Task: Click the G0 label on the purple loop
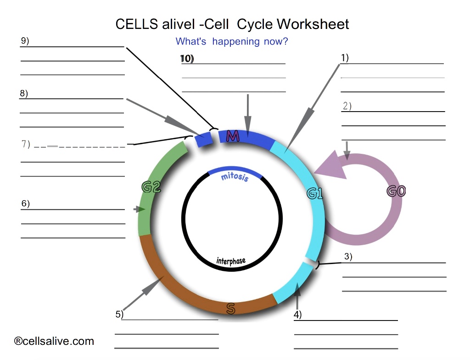point(396,191)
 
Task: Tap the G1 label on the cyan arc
point(315,194)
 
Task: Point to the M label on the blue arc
point(233,136)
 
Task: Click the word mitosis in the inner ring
point(235,177)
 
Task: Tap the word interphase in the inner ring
point(231,261)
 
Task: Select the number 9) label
point(25,40)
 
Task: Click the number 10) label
point(187,59)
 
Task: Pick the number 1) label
point(345,57)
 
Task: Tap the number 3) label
point(348,257)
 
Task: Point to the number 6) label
point(26,203)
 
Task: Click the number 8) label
point(24,93)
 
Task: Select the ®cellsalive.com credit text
point(54,341)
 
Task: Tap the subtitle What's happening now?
point(232,42)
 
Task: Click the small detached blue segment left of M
point(204,139)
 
